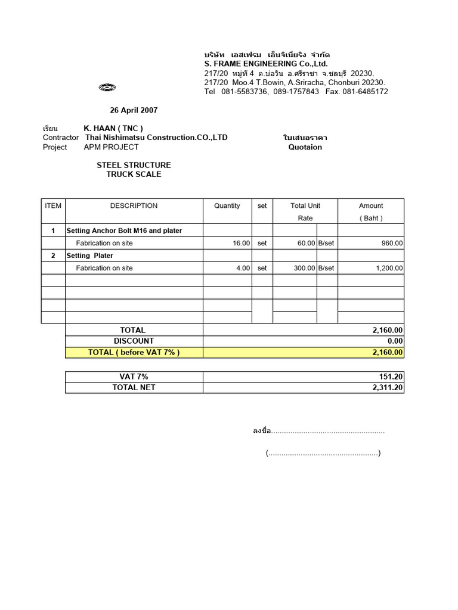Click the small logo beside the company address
107,88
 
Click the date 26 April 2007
134,110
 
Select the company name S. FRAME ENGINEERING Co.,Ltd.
266,64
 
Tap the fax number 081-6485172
365,92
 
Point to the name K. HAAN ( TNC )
113,128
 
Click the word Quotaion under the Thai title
305,147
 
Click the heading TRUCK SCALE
134,175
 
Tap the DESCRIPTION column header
134,206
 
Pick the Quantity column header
227,206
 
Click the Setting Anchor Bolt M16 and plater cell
124,231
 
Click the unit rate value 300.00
304,268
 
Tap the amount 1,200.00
389,268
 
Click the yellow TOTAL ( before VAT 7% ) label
134,352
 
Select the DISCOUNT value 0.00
395,341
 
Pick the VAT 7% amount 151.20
388,376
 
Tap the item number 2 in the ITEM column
53,256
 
